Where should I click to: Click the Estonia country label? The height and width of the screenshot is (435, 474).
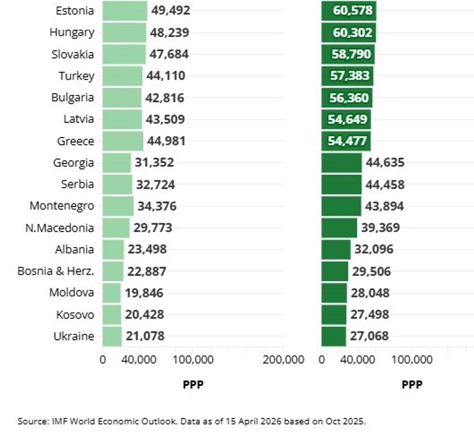pos(75,11)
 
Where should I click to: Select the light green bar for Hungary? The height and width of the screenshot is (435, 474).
pos(124,32)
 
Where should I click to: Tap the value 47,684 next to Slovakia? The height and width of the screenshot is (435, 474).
pos(169,54)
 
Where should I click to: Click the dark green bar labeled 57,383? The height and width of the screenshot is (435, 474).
pos(347,75)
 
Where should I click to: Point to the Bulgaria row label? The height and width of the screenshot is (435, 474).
pos(73,97)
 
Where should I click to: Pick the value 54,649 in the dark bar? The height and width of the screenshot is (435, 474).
pos(347,119)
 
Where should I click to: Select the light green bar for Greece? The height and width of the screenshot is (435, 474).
pos(123,141)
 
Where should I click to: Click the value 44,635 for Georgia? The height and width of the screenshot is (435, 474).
pos(385,163)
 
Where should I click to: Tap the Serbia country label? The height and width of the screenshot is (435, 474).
pos(77,184)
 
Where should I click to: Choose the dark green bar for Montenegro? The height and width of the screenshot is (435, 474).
pos(341,206)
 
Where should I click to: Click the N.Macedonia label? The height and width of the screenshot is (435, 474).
pos(59,227)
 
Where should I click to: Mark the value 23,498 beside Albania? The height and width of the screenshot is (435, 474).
pos(147,249)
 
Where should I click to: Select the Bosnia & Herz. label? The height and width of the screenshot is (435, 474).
pos(56,271)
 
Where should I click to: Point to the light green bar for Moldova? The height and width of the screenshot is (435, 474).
pos(112,293)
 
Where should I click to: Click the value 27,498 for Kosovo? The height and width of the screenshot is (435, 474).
pos(370,315)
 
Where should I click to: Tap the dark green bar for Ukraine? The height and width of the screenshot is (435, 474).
pos(334,336)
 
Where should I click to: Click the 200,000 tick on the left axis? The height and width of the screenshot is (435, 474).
pos(283,360)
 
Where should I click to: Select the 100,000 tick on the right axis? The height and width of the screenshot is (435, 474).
pos(412,360)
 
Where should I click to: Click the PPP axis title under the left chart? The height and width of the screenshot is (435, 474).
pos(193,385)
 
